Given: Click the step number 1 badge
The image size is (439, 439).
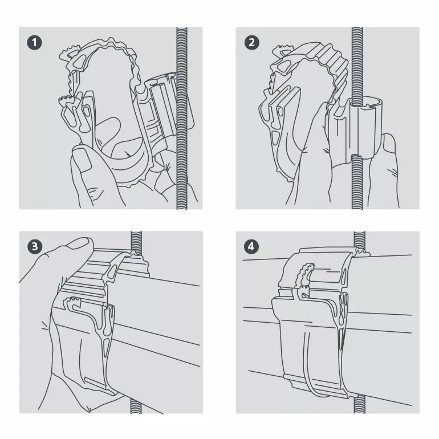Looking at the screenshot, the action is [34, 43].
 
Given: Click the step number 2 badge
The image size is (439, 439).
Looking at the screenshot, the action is [251, 42].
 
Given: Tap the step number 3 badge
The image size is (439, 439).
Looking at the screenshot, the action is [35, 246].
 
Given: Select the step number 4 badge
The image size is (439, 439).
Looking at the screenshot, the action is [251, 246].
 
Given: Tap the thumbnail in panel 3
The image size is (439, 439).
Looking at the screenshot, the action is [79, 244].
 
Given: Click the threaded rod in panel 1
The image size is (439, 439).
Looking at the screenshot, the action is [182, 118].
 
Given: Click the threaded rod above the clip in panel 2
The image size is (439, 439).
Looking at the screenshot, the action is [357, 64].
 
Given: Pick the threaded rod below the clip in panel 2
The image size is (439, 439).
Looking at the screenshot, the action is [357, 181].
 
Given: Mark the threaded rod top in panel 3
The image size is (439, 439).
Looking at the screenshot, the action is [136, 242].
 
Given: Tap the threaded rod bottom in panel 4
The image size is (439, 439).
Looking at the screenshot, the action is [359, 404].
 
